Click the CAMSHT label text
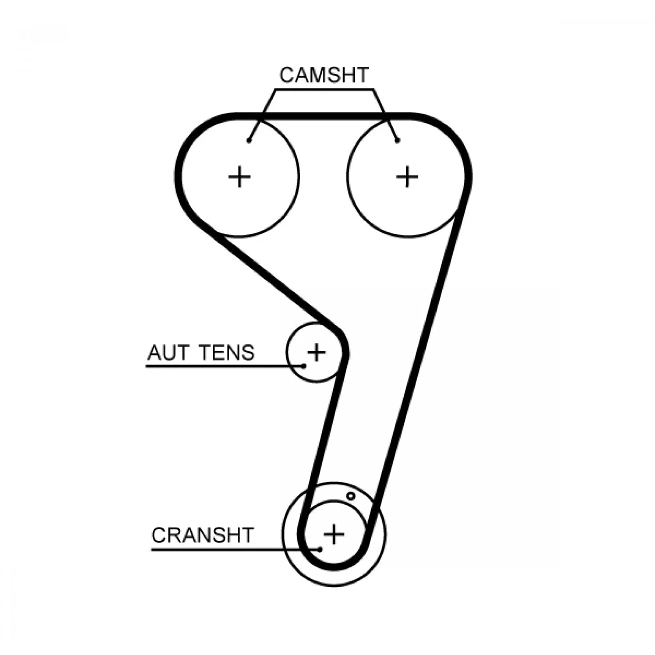click(323, 75)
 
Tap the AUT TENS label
click(201, 353)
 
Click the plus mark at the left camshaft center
click(239, 177)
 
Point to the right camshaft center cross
click(407, 177)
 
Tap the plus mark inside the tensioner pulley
click(316, 352)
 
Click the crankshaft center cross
click(334, 534)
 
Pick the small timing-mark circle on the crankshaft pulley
click(351, 496)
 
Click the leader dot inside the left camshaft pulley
click(249, 141)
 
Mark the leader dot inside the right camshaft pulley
click(398, 141)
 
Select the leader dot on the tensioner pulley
click(304, 366)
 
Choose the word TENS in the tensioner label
click(227, 353)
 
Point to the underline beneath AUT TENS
click(225, 366)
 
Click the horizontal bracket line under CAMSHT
click(324, 90)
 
